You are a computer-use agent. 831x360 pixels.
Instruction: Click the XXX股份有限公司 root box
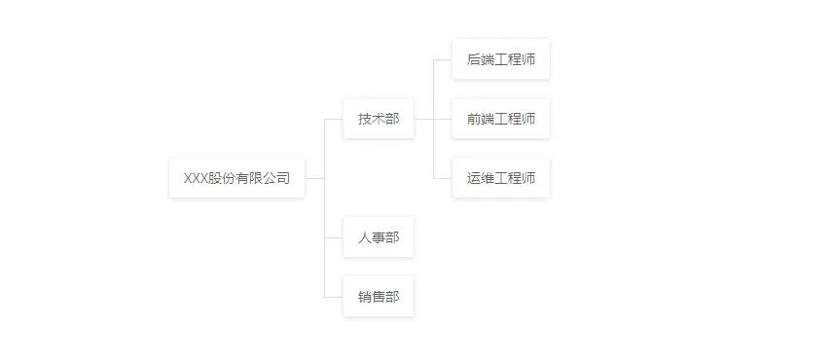pos(236,178)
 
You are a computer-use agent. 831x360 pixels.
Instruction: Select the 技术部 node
pos(379,119)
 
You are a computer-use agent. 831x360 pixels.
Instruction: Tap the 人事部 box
pos(379,237)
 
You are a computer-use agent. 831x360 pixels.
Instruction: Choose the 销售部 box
pos(379,297)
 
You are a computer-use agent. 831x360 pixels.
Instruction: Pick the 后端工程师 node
pos(501,59)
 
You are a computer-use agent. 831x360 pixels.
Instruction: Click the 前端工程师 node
pos(501,119)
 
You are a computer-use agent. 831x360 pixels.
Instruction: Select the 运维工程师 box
pos(501,178)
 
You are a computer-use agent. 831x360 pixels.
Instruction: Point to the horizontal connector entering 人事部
pos(334,237)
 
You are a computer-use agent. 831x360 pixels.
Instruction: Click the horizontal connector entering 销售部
pos(334,297)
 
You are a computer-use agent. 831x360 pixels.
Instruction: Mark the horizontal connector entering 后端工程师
pos(443,59)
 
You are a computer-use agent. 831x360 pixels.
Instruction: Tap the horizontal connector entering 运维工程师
pos(443,178)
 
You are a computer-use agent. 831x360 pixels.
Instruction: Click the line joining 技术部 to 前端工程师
pos(432,119)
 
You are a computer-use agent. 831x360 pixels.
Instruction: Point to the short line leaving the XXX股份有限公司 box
pos(314,178)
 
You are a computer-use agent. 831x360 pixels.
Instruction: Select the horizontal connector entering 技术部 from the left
pos(334,119)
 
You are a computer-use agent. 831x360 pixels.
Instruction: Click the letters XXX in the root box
pos(197,178)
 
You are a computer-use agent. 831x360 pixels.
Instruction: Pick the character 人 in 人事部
pos(365,237)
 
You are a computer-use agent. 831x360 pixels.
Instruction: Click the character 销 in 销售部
pos(365,297)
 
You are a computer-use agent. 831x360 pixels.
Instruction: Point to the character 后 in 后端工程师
pos(474,59)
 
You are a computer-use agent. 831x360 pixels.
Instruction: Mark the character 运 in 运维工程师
pos(474,178)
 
